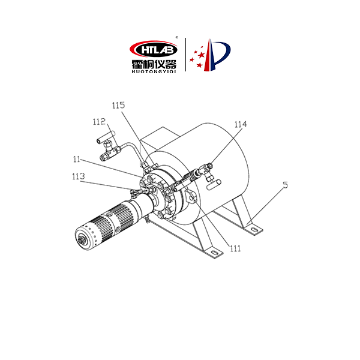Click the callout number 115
[118, 106]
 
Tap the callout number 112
[99, 122]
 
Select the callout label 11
[76, 159]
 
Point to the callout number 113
[79, 176]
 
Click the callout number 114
[241, 124]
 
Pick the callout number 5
[285, 185]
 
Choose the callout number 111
[235, 248]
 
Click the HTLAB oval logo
[154, 49]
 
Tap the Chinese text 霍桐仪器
[154, 64]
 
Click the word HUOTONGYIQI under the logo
[154, 71]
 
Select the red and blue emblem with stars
[209, 55]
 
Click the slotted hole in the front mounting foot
[214, 253]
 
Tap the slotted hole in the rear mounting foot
[253, 229]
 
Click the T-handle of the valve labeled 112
[106, 137]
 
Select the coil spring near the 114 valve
[193, 175]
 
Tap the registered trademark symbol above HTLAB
[176, 37]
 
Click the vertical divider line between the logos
[185, 55]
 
